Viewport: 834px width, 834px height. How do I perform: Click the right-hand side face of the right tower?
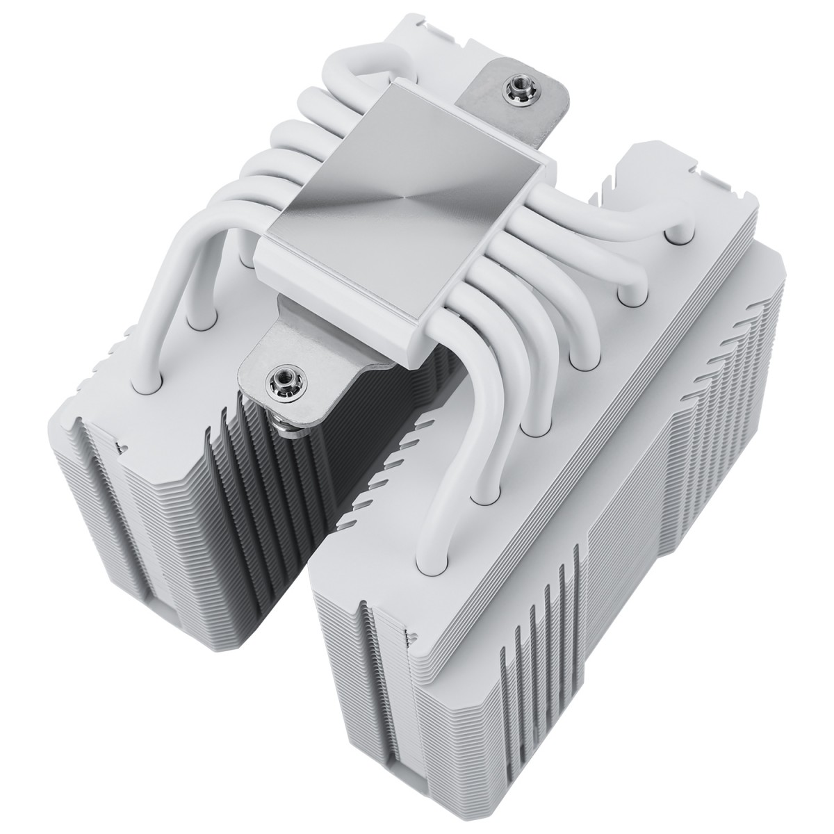click(695, 521)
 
